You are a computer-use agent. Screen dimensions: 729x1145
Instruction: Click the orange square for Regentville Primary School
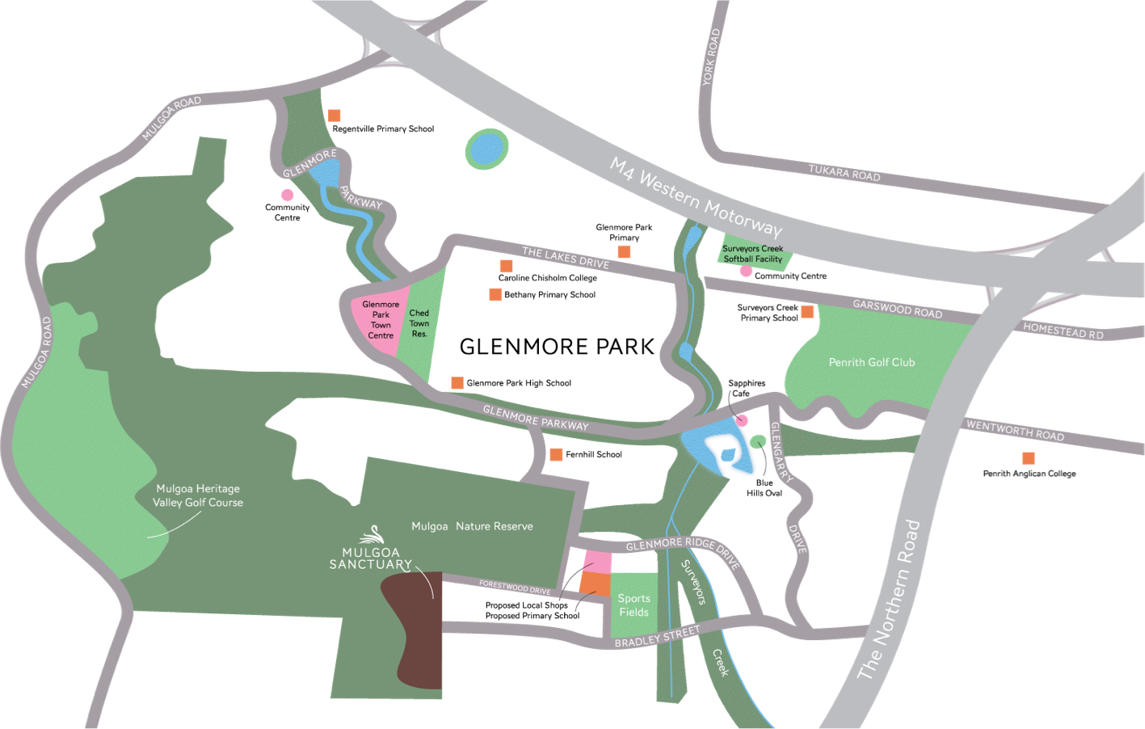click(x=334, y=116)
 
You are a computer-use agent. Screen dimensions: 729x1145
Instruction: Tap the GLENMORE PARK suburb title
click(x=557, y=347)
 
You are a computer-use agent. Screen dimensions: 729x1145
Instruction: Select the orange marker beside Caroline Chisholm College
click(x=507, y=266)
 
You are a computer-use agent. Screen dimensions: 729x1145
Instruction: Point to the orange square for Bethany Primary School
click(x=495, y=294)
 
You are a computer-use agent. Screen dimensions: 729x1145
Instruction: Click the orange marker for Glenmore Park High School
click(x=457, y=382)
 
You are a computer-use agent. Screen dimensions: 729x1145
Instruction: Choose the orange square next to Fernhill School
click(x=556, y=454)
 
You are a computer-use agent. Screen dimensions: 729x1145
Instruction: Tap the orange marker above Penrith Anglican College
click(x=1029, y=457)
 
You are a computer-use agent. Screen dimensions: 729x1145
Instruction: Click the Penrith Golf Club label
click(x=871, y=363)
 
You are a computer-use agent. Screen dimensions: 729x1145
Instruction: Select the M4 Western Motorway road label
click(x=696, y=196)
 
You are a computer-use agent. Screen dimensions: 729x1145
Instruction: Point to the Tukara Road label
click(x=844, y=172)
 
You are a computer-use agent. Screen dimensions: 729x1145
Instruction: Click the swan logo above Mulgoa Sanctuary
click(x=373, y=534)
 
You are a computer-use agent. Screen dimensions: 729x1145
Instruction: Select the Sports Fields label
click(x=634, y=605)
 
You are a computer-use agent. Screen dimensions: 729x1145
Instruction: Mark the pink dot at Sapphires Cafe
click(x=742, y=420)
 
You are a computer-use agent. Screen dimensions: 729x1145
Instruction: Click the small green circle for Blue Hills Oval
click(x=758, y=441)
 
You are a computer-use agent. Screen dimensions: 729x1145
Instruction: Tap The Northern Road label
click(x=889, y=599)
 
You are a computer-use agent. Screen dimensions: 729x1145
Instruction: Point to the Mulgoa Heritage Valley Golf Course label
click(x=198, y=495)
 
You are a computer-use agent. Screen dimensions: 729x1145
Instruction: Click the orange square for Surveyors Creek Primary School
click(x=807, y=312)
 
